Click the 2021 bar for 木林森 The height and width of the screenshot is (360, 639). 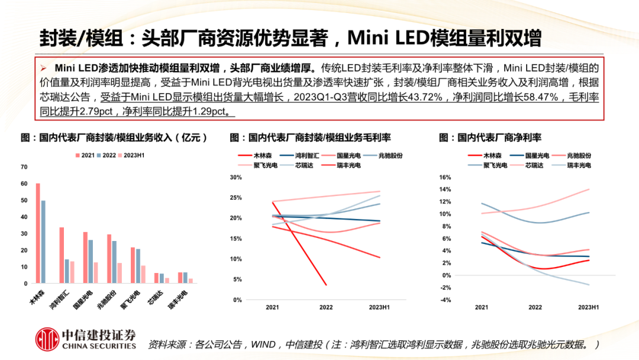(38, 233)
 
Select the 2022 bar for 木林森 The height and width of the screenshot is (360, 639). (43, 242)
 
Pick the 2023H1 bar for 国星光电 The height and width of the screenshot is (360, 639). (96, 273)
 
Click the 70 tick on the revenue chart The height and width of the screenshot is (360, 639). (24, 168)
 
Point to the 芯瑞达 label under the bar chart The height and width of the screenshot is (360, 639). (155, 298)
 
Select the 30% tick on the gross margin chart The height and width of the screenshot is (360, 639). (235, 178)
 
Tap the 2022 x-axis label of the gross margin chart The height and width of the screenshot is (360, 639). (326, 307)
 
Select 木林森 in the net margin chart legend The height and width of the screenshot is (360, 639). (492, 155)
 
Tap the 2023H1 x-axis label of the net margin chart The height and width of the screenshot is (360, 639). (589, 307)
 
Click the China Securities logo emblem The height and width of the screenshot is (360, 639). (46, 339)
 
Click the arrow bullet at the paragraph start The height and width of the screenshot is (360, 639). (43, 67)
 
